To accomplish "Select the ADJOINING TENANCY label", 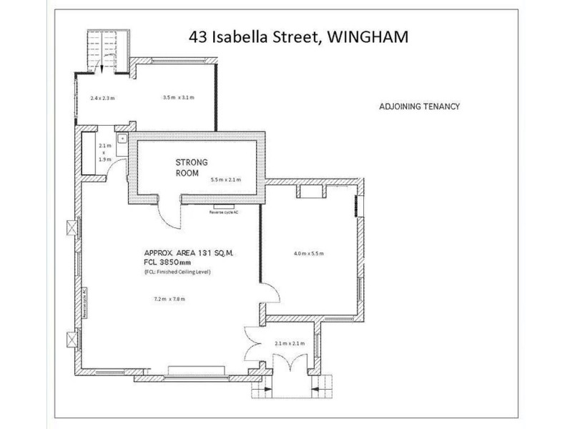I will [x=418, y=108].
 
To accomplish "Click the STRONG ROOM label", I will [x=192, y=168].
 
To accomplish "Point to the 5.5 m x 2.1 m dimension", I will [x=226, y=179].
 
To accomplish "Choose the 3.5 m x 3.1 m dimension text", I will [x=179, y=97].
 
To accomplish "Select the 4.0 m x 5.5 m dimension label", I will [x=309, y=254].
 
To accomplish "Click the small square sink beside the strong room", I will [x=122, y=137].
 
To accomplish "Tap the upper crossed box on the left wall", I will [x=71, y=227].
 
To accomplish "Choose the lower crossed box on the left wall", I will [x=71, y=340].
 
